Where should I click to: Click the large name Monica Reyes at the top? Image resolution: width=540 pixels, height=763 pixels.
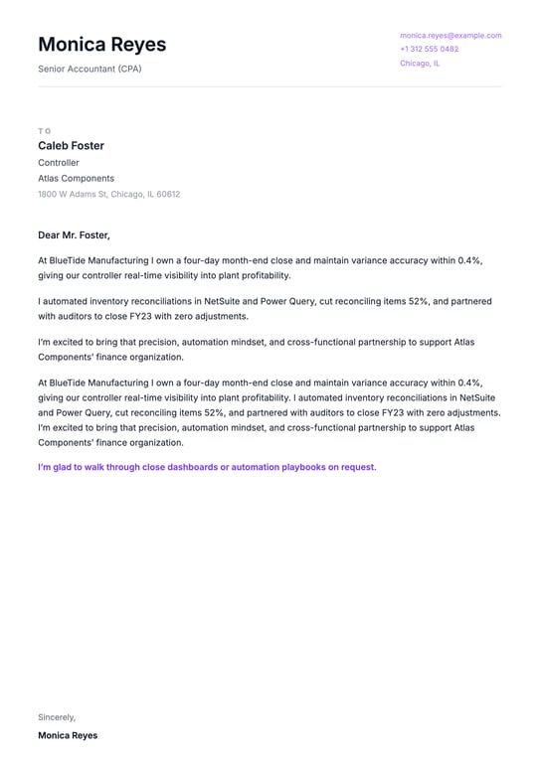tap(102, 45)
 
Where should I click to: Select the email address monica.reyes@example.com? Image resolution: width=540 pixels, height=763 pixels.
tap(450, 35)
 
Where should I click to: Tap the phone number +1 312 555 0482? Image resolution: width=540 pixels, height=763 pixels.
tap(430, 49)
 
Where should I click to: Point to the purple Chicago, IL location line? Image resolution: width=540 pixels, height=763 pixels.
tap(420, 63)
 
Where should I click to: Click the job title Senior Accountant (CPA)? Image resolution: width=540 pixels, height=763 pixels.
tap(90, 69)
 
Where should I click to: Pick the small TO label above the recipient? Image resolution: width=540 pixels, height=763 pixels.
tap(44, 130)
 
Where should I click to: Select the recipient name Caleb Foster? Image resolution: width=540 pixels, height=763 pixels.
tap(71, 146)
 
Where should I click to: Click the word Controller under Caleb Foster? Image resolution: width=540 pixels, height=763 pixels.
tap(59, 163)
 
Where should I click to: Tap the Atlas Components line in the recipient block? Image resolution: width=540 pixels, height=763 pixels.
tap(76, 179)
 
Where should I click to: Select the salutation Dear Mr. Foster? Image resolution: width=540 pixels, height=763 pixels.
tap(74, 235)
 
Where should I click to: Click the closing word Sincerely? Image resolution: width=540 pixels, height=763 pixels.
tap(57, 717)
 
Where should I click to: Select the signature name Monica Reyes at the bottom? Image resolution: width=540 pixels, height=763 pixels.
tap(68, 736)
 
